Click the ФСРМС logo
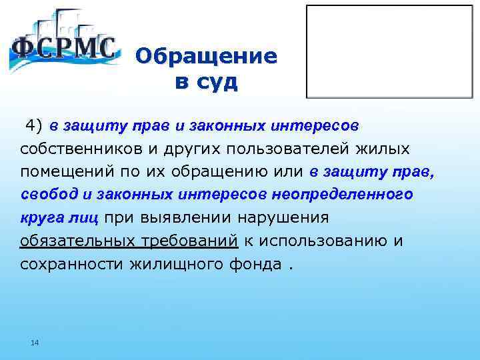pyautogui.click(x=63, y=43)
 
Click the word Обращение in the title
pyautogui.click(x=206, y=56)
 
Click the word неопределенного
pyautogui.click(x=342, y=194)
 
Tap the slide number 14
pyautogui.click(x=35, y=343)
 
